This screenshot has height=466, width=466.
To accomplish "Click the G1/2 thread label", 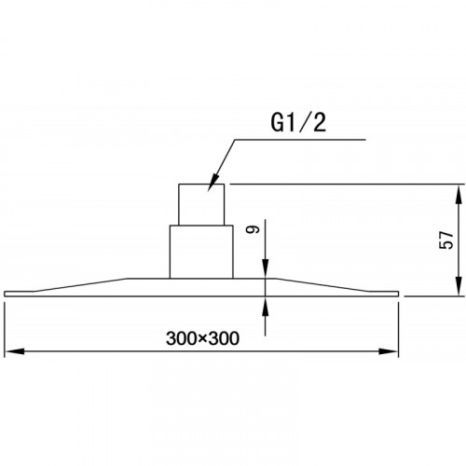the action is tap(298, 122).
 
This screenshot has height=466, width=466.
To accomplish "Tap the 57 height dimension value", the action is tap(446, 240).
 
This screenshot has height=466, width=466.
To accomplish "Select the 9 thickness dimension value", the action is tap(253, 229).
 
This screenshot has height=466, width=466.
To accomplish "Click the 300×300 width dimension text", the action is tap(202, 338).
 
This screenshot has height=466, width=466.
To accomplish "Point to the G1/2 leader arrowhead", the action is tap(212, 184).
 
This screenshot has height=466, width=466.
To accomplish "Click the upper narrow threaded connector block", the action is tap(201, 204).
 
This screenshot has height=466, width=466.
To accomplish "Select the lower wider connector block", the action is tap(201, 252).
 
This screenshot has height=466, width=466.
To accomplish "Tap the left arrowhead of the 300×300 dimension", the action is tap(14, 351).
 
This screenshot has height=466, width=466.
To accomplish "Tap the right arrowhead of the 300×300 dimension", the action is tap(389, 351).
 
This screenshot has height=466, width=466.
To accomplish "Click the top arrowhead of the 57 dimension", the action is tap(459, 194).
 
